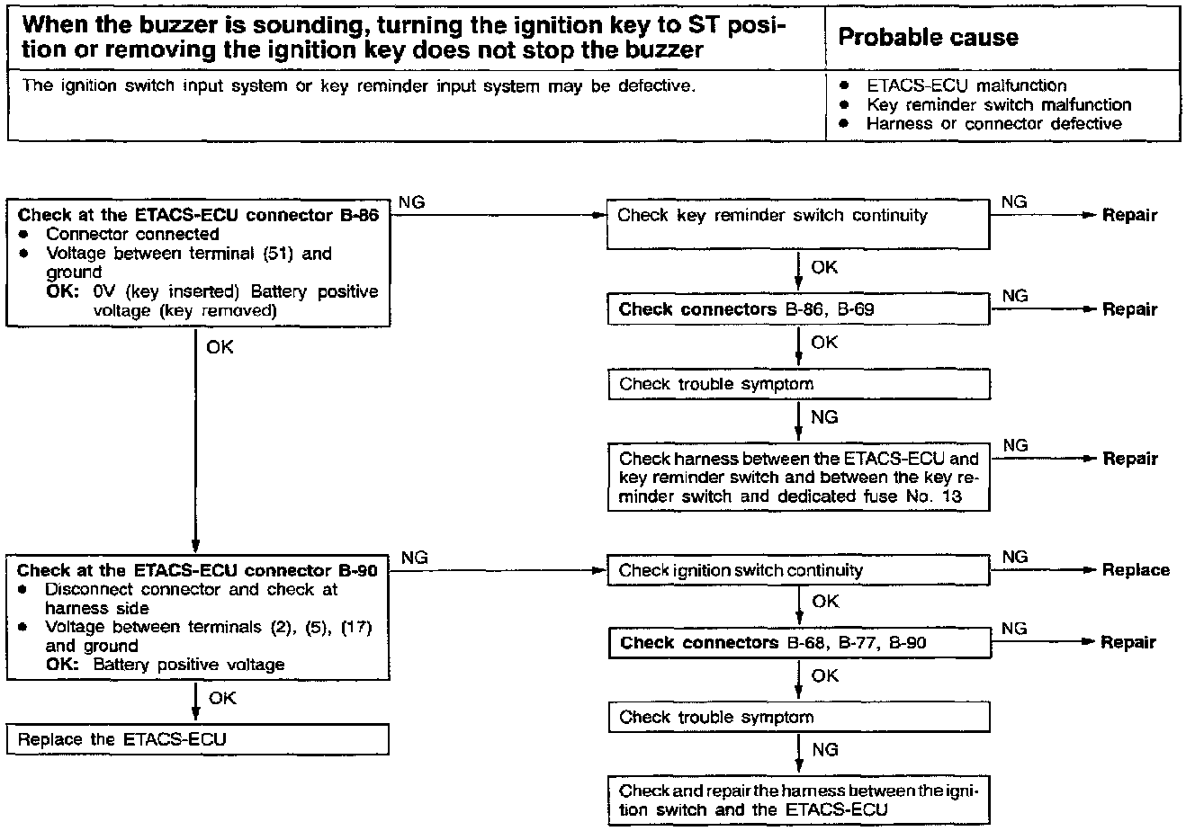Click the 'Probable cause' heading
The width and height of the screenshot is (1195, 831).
[x=928, y=37]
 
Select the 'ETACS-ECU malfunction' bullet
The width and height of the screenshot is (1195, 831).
[x=966, y=85]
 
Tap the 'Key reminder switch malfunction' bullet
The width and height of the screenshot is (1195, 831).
[x=998, y=104]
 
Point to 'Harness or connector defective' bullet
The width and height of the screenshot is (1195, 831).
[x=993, y=123]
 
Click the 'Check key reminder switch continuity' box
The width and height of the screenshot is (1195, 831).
[x=798, y=225]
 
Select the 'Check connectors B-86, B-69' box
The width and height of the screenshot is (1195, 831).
[x=798, y=310]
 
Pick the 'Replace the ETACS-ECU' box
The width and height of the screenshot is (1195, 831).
[x=198, y=740]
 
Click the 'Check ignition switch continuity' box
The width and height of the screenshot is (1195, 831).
[x=798, y=570]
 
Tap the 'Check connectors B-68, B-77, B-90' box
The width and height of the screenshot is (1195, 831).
[x=798, y=643]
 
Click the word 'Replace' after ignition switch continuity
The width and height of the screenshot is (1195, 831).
[x=1136, y=570]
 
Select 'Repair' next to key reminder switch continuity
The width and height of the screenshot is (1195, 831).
[x=1130, y=215]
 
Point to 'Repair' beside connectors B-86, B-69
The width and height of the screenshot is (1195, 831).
[x=1130, y=310]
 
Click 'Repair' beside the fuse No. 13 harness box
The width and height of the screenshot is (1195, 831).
[x=1130, y=459]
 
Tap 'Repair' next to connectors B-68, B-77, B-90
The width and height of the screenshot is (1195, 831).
[x=1128, y=643]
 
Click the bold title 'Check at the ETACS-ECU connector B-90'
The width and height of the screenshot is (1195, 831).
[x=197, y=570]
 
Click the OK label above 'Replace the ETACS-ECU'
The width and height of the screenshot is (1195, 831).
[x=222, y=698]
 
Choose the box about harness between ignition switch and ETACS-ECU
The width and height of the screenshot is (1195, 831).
[x=798, y=800]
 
